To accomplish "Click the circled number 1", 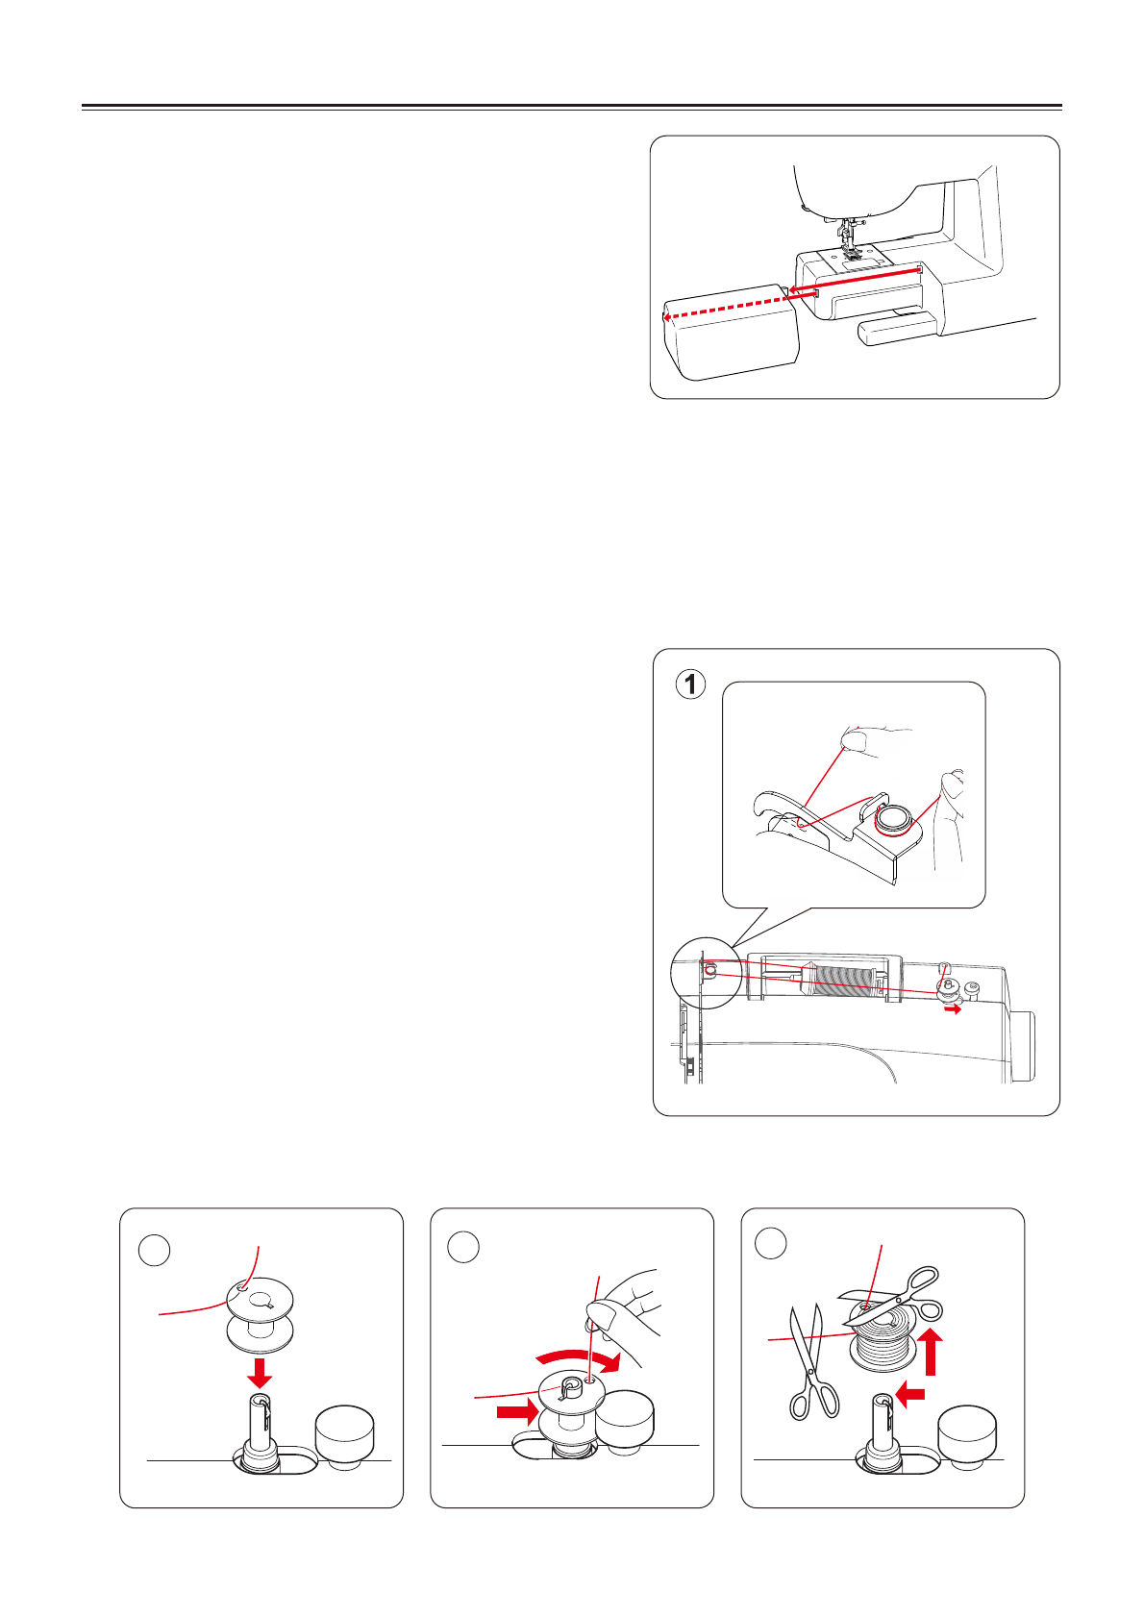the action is coord(690,684).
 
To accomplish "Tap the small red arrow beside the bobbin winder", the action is coord(953,1010).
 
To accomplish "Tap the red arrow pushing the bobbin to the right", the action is coord(515,1412).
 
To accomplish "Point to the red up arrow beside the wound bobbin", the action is coord(930,1351).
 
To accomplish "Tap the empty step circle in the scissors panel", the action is coord(771,1243).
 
